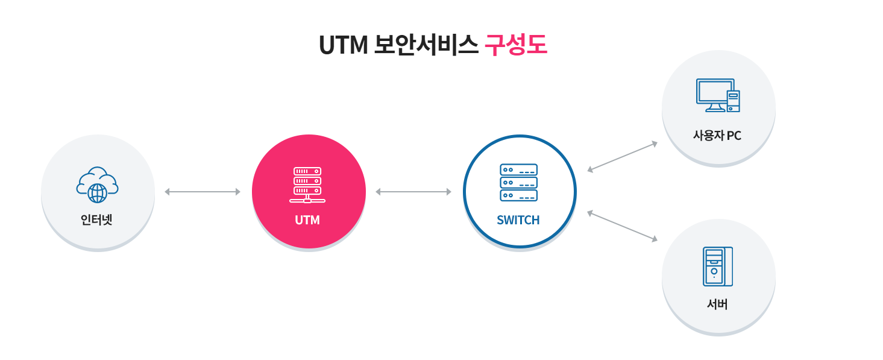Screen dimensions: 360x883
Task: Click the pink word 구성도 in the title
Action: click(516, 45)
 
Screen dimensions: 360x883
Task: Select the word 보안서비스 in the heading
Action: click(426, 45)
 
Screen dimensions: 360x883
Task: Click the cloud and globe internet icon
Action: click(97, 185)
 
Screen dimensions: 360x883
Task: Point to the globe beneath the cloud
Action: click(97, 193)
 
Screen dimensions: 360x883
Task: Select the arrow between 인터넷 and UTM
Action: click(203, 192)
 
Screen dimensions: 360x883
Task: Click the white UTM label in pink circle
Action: click(307, 220)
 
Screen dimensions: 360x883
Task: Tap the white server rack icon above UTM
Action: click(307, 185)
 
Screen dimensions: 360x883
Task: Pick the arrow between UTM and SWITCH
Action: click(413, 192)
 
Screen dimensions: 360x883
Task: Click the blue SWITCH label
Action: click(518, 220)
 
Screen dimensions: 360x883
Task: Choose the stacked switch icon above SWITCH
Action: click(518, 182)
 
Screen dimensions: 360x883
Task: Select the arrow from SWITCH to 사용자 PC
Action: click(622, 157)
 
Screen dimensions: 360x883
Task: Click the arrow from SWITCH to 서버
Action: click(622, 226)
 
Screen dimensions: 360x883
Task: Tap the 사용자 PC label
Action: click(717, 136)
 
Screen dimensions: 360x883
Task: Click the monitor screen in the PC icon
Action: click(714, 91)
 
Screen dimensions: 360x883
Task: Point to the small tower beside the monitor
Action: click(733, 101)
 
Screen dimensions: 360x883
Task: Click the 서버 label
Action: click(717, 305)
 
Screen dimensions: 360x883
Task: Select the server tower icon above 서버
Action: click(717, 266)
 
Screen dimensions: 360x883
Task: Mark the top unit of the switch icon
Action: click(518, 170)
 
